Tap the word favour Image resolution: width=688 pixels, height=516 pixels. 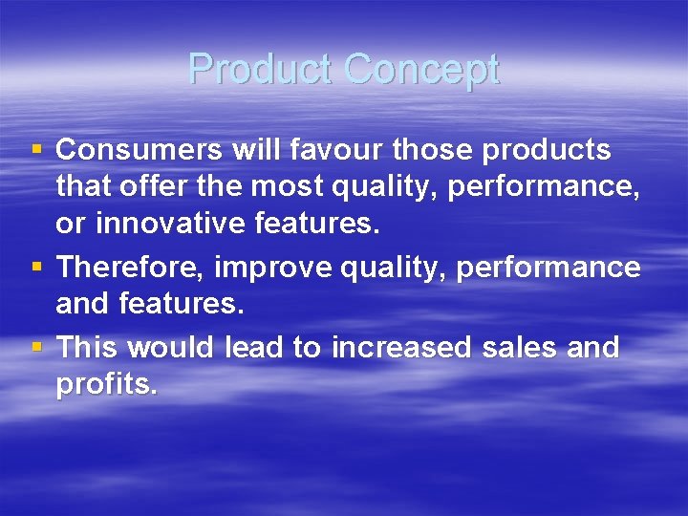tap(315, 150)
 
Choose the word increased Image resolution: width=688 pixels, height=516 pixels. tap(401, 348)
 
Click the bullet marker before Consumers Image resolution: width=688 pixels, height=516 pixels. tap(37, 151)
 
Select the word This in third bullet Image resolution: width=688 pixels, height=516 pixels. tap(88, 348)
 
